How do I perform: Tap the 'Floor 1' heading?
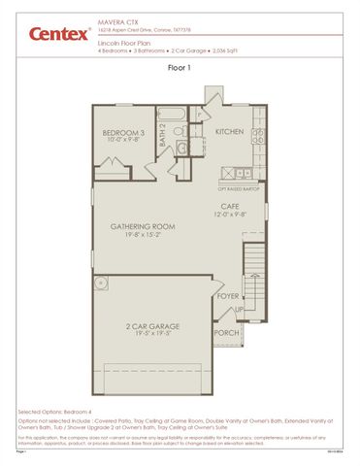(x=180, y=69)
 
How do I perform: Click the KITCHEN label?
(x=230, y=131)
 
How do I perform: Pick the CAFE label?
(x=230, y=206)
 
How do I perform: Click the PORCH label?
(x=226, y=333)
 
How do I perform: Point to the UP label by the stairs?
(x=241, y=310)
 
